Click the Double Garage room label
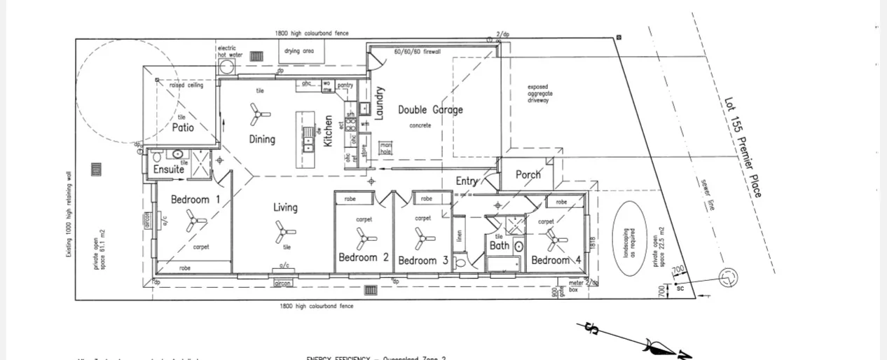[430, 110]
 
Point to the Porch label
[528, 174]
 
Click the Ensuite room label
[169, 169]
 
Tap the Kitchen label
[328, 131]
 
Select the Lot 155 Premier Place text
[743, 146]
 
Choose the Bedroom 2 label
[364, 258]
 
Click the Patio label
[183, 127]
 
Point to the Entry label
[467, 181]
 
